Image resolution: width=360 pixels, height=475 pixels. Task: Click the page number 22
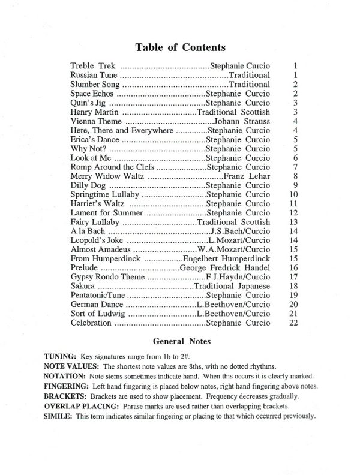[x=293, y=323]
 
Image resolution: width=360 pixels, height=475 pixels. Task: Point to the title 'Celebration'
[x=91, y=323]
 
